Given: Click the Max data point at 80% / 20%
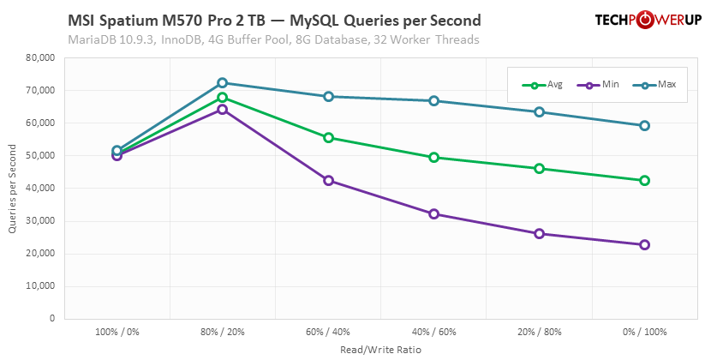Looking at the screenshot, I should pos(223,83).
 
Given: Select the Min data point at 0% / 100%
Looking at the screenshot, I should pos(644,245).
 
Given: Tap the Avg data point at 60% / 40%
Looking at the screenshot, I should pos(328,138).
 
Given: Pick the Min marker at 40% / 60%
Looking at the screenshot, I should pos(433,214).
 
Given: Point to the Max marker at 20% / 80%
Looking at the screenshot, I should pos(539,112).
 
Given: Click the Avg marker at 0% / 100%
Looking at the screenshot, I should pos(644,181).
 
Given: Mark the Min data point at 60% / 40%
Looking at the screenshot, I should pos(328,181).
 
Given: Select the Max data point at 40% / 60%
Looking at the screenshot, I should pos(433,101).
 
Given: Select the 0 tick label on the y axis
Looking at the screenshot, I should pos(51,319).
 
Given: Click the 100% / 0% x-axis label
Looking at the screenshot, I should pos(117,332).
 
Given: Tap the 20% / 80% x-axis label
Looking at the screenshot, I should pos(539,332).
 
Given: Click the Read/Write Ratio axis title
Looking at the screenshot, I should pos(380,349).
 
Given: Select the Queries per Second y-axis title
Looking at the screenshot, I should pos(12,189).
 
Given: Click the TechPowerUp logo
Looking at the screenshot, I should pos(647,21).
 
